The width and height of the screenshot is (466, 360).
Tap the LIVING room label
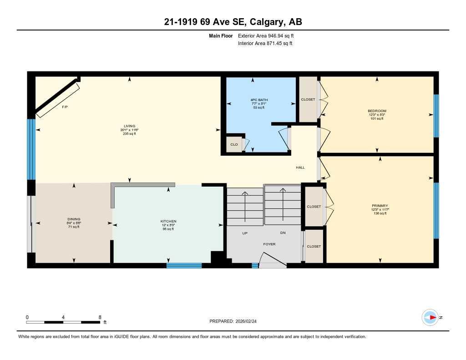129,126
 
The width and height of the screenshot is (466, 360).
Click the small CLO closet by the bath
233,145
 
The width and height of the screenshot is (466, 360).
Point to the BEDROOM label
377,111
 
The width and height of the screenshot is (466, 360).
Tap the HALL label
300,167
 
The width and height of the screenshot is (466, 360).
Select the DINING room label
74,219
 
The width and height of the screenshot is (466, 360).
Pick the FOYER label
269,244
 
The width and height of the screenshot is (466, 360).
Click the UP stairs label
244,233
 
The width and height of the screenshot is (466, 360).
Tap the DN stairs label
283,233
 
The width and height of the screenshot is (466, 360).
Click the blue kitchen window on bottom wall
184,265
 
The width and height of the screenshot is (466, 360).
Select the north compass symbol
430,317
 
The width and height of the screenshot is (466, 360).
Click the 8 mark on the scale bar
100,317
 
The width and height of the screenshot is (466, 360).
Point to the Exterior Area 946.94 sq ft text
269,35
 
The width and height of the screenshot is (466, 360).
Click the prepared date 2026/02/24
249,321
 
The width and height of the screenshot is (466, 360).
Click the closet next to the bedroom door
308,100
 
